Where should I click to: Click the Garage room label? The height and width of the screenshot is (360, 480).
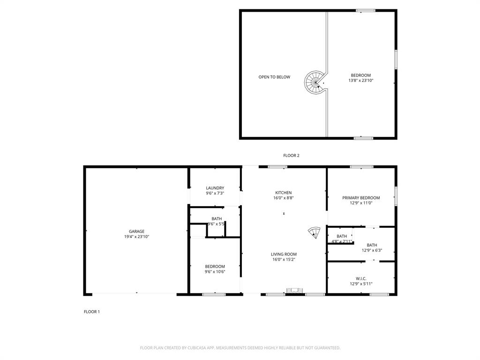pos(136,231)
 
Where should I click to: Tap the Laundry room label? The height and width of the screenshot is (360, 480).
pos(215,188)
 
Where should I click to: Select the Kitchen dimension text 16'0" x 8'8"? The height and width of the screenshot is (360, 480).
pos(283,198)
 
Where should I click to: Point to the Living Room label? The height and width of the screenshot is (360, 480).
pos(284,254)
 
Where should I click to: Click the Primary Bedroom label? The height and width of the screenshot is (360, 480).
pos(360,198)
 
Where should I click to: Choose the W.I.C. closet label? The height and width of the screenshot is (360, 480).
pos(360,278)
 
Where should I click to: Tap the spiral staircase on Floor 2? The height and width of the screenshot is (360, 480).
pos(315,82)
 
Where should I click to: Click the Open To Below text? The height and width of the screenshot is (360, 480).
pos(274,77)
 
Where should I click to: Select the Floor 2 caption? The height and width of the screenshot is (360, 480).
pos(291,156)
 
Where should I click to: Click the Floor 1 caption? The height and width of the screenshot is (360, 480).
pos(91,312)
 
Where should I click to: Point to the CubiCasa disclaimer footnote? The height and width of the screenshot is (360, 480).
pos(240,348)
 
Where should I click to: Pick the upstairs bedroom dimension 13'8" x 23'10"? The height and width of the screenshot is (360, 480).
pos(360,81)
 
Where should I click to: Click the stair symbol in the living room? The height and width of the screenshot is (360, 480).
pos(314,232)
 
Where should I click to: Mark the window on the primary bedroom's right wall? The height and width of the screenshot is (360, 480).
pos(396,196)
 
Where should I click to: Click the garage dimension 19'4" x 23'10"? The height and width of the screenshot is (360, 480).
pos(136,237)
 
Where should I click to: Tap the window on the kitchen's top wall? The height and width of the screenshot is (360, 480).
pos(277,166)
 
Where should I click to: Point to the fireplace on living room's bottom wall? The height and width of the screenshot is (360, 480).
pos(295,291)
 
